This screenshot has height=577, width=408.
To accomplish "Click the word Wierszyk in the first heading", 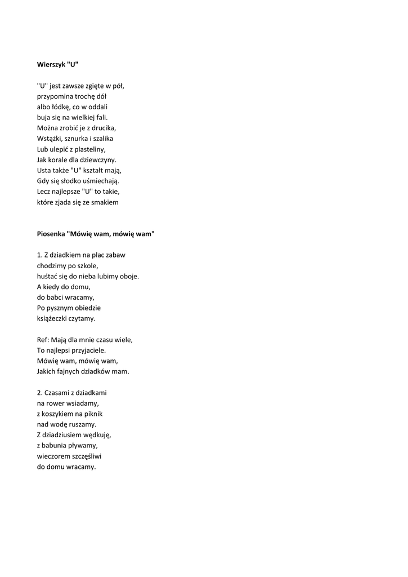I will (x=51, y=64).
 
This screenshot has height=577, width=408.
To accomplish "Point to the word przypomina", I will (x=55, y=96).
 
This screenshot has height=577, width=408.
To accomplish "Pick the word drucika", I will (x=102, y=128).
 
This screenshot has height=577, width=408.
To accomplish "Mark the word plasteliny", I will (x=89, y=149).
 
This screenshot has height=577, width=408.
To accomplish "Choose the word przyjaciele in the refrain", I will (x=87, y=350).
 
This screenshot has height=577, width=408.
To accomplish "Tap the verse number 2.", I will (x=39, y=393).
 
